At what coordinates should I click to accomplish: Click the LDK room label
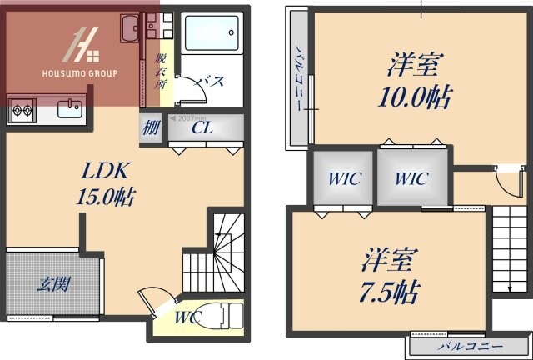(103, 172)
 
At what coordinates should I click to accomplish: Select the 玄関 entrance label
(52, 284)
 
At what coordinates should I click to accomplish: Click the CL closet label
(202, 128)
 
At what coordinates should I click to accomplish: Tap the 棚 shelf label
(151, 129)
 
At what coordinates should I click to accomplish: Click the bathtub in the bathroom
(212, 37)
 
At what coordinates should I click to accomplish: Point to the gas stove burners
(22, 107)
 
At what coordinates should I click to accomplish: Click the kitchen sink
(67, 108)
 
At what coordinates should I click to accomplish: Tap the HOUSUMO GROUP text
(80, 73)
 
